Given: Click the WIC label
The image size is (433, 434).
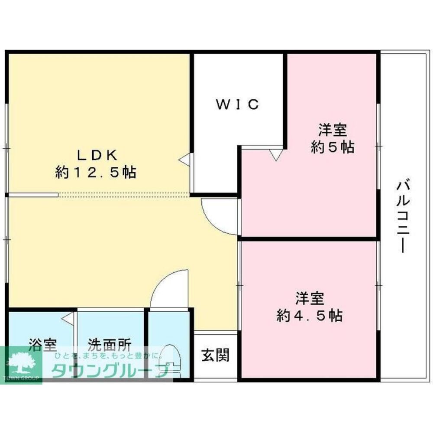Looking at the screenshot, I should tap(238, 104).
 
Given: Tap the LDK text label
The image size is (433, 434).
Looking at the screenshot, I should tap(96, 155).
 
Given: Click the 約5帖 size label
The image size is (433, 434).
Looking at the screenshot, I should tap(333, 147).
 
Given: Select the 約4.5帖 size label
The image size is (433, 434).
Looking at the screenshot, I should tap(310, 315).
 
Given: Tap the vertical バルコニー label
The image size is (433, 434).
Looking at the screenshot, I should tap(401, 217).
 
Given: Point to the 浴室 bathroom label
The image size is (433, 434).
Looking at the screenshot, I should tap(42, 346).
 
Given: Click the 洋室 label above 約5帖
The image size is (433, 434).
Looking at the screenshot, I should tap(333, 129).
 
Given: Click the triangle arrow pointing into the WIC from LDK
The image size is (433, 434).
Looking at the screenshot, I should tap(184, 160).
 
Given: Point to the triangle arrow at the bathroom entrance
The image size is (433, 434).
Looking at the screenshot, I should tap(68, 319).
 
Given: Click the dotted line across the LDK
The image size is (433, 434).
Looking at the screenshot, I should tap(123, 195).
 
